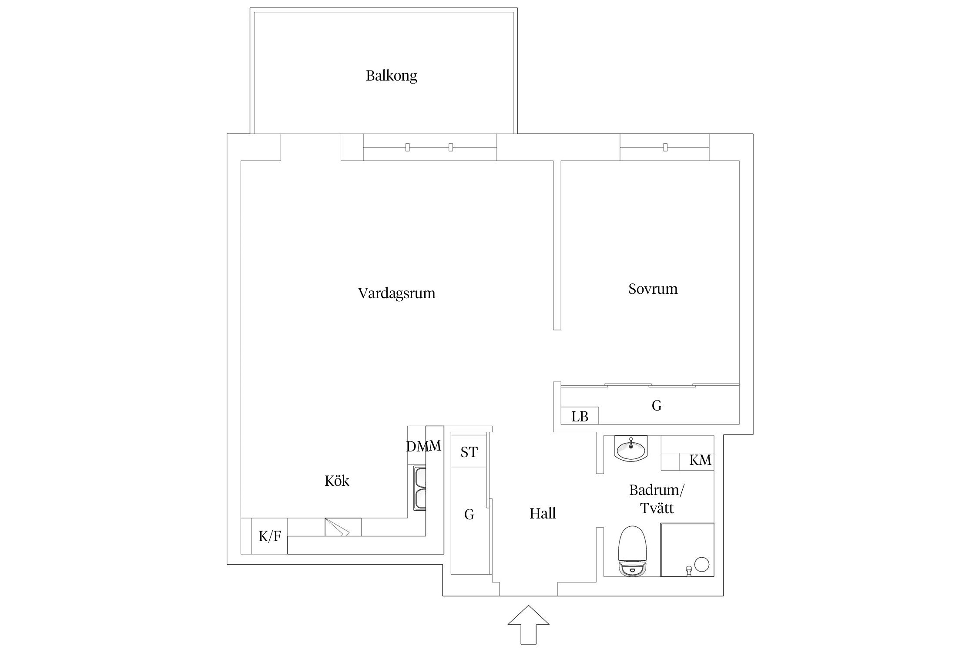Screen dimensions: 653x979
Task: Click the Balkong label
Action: tap(391, 76)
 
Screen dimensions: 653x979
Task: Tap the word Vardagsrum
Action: tap(396, 293)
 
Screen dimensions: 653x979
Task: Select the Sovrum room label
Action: tap(653, 289)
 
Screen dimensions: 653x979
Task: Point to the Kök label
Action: tap(337, 481)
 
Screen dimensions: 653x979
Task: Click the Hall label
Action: tap(543, 514)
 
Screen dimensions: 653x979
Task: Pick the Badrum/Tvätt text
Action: tap(657, 499)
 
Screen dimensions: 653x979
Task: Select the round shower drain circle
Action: tap(701, 564)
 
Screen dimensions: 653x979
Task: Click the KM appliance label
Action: tap(700, 460)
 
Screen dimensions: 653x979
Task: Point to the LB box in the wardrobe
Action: tap(580, 417)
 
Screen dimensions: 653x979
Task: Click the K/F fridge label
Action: tap(270, 536)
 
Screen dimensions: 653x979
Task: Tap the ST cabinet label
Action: tap(469, 452)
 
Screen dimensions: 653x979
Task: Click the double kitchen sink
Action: tap(420, 488)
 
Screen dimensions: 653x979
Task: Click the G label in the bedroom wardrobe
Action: tap(657, 406)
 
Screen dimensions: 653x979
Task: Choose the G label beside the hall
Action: tap(469, 515)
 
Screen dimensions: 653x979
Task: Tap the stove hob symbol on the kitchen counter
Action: tap(343, 527)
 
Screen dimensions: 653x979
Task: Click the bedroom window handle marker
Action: tap(665, 147)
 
